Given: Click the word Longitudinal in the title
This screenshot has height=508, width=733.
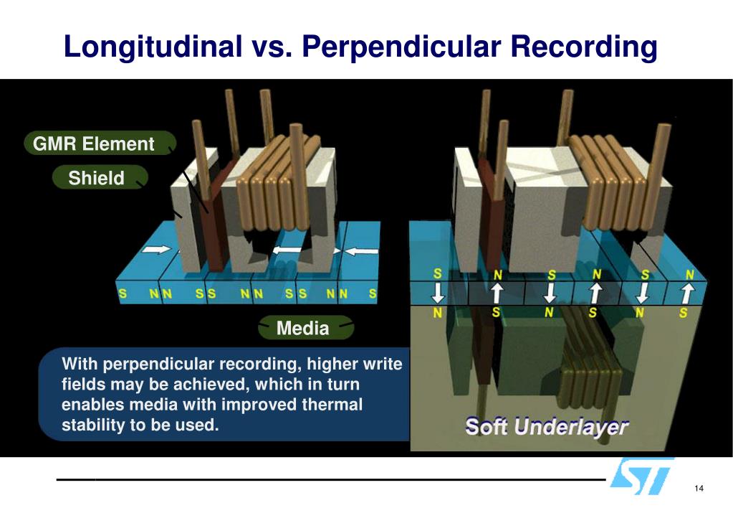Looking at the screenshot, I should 153,47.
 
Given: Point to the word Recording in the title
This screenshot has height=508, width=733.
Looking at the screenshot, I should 584,47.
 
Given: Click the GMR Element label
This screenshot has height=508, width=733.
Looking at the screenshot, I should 94,144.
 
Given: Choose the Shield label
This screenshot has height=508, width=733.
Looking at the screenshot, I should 96,178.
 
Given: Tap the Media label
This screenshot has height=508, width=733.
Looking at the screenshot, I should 302,329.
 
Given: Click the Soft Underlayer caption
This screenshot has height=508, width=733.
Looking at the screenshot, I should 547,426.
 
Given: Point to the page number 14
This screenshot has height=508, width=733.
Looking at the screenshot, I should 699,489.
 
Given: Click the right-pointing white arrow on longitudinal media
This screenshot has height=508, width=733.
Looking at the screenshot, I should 156,250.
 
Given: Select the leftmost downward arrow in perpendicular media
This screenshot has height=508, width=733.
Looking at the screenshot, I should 437,293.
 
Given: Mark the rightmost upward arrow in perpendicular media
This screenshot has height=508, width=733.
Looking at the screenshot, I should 686,293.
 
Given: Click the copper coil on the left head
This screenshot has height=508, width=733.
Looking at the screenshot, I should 276,183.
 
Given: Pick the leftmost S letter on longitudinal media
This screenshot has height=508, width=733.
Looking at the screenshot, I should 123,293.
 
